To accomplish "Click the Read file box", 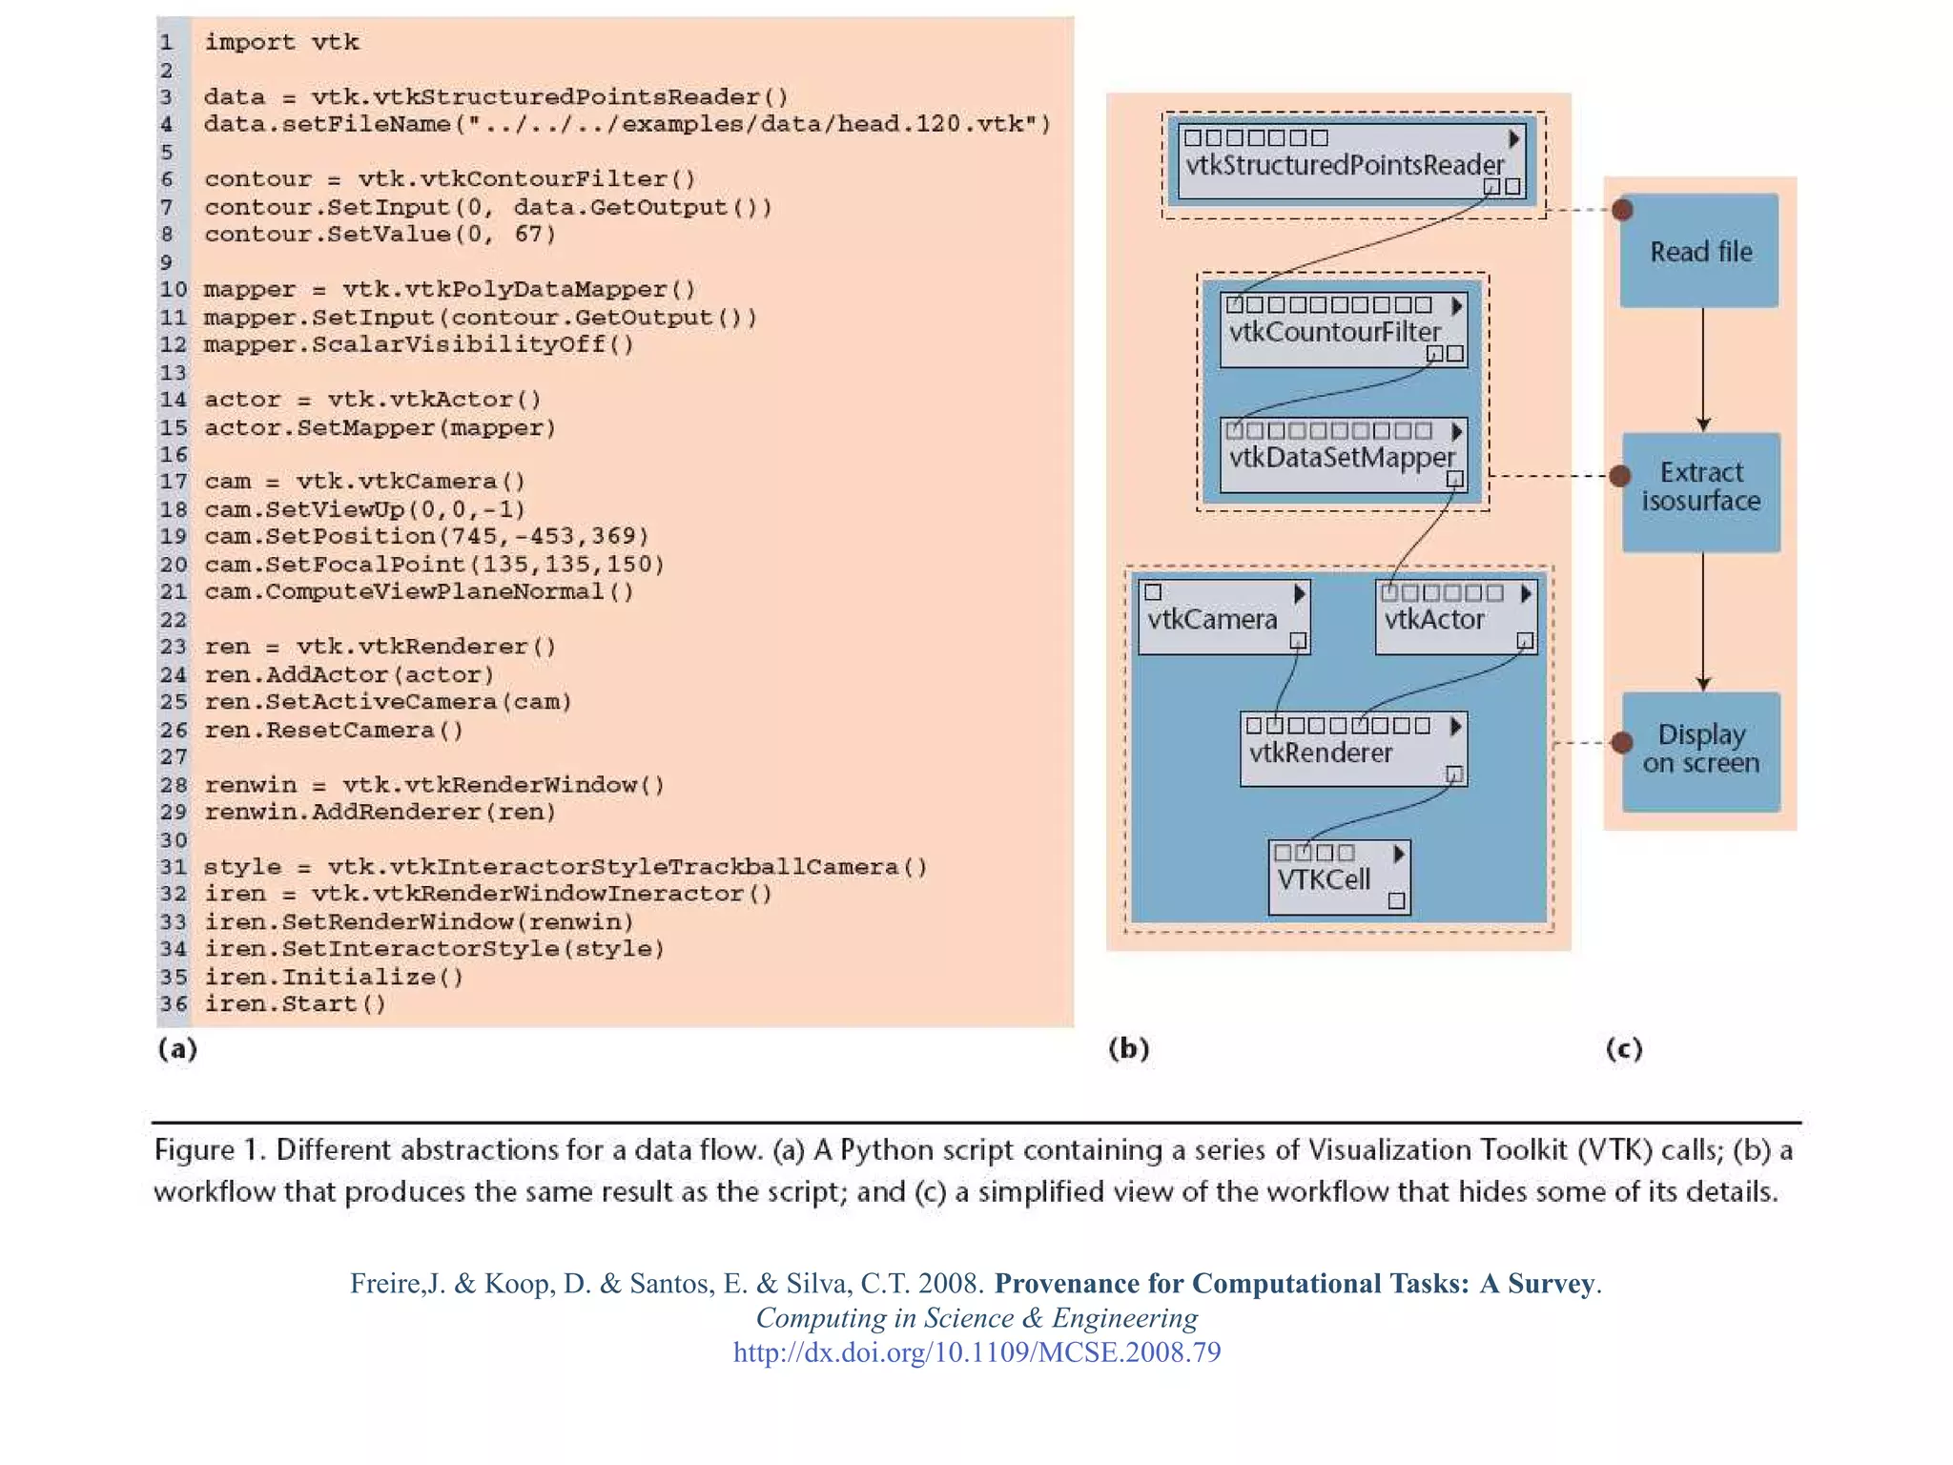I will (x=1699, y=252).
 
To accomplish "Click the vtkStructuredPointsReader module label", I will (x=1344, y=165).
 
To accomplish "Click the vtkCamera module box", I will (x=1223, y=618).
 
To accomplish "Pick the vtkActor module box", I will (x=1455, y=618).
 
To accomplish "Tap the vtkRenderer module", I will (x=1352, y=750).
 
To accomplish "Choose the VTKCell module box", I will (x=1339, y=877).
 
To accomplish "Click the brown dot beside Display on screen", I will (x=1622, y=743).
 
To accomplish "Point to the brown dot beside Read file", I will (x=1622, y=210).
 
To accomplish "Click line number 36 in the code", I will (x=174, y=1004).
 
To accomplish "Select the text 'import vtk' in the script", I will (x=281, y=42).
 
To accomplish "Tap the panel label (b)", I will (x=1129, y=1049).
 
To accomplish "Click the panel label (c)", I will (x=1624, y=1049).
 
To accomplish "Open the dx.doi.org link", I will (x=976, y=1352).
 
